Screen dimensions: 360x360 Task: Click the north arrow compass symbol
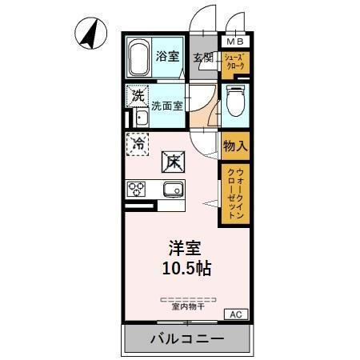tap(90, 34)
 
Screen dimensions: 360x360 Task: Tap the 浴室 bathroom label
tap(167, 57)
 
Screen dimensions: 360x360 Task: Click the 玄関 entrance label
tap(203, 58)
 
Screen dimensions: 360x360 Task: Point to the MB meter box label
tap(235, 42)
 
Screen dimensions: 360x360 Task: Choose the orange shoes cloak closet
tap(235, 62)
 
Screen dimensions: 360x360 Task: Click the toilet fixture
tap(234, 103)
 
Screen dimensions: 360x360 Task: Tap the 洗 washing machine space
tap(138, 95)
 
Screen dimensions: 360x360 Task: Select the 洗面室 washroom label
tap(167, 105)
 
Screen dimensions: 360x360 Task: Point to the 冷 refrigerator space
tap(138, 145)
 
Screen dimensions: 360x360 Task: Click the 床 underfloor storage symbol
tap(174, 162)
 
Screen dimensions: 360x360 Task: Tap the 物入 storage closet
tap(234, 146)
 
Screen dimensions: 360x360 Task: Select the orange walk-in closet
tap(234, 193)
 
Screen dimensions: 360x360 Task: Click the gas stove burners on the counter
tap(136, 190)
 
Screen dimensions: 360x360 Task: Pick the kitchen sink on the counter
tap(173, 190)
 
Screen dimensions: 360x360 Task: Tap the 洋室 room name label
tap(183, 248)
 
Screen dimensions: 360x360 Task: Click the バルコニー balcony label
tap(187, 340)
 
